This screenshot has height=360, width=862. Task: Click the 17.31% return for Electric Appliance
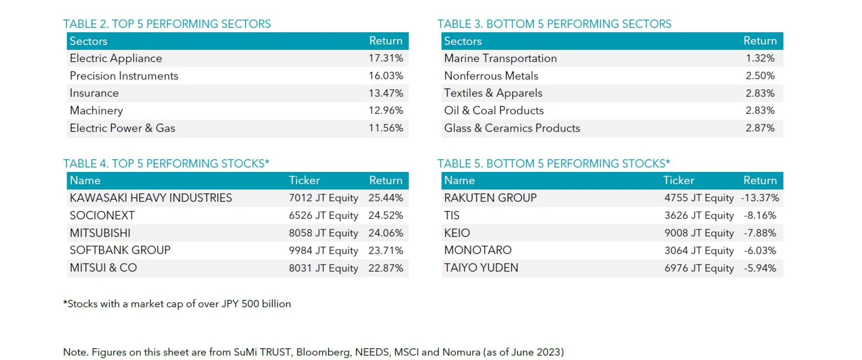pos(386,58)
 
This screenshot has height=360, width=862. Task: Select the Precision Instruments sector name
pos(124,76)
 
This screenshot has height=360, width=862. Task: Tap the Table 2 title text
pos(167,24)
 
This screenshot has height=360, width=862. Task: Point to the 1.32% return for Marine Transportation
pos(760,58)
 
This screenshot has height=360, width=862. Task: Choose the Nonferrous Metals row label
pos(491,76)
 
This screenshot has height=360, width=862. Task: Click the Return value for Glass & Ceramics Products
pos(760,128)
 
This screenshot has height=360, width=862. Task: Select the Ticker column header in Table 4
pos(304,180)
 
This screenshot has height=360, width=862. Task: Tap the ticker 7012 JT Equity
pos(323,198)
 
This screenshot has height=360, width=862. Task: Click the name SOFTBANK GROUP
pos(120,250)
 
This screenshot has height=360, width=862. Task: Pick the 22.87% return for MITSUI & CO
pos(386,268)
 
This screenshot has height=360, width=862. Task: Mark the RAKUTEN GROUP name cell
pos(490,198)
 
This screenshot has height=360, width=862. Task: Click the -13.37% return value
pos(760,198)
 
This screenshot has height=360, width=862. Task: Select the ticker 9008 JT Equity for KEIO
pos(699,233)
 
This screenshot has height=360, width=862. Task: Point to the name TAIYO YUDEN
pos(481,268)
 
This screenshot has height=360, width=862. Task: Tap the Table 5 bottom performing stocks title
pos(554,163)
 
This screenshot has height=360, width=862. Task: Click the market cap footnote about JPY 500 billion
pos(177,304)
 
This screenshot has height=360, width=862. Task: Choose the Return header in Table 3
pos(760,41)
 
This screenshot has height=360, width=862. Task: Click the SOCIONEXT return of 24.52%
pos(386,215)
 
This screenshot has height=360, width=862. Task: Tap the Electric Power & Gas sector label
pos(122,128)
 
